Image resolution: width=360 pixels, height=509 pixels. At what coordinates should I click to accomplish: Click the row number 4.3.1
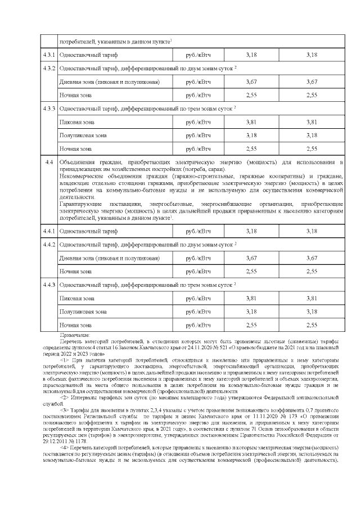(49, 55)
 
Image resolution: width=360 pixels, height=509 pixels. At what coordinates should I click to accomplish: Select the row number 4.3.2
(49, 68)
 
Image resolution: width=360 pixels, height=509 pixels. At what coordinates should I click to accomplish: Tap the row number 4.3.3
(49, 107)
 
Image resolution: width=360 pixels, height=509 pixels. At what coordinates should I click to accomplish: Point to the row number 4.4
(49, 163)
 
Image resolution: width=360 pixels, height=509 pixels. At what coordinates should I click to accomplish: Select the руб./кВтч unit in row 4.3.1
(199, 55)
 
